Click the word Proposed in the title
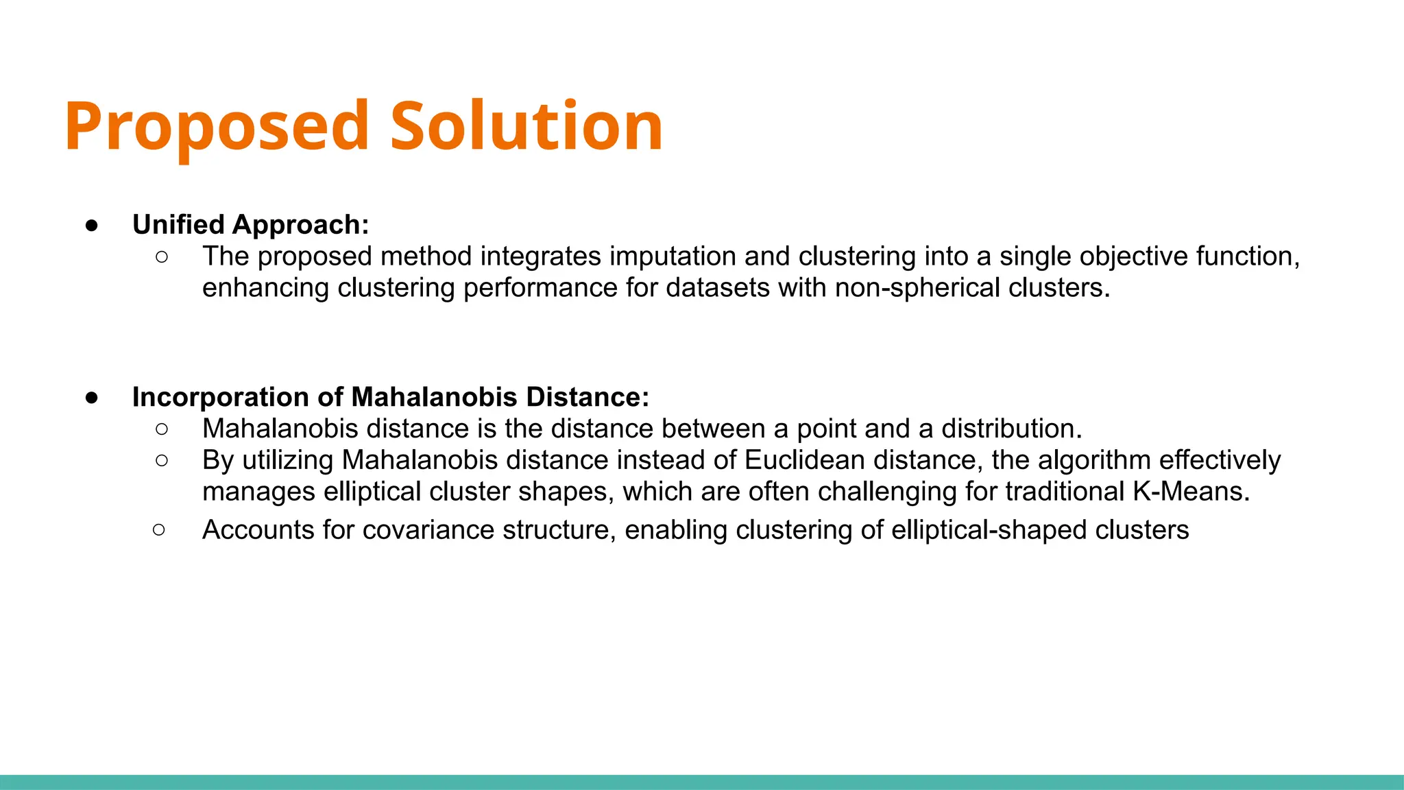click(217, 127)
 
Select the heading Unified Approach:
click(250, 225)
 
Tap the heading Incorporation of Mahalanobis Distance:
click(390, 397)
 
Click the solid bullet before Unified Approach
click(92, 226)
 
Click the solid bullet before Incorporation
click(92, 398)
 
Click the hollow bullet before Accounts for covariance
click(159, 529)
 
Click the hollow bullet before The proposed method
click(162, 257)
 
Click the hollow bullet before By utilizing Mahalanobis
click(162, 460)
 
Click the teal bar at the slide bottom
click(702, 782)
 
